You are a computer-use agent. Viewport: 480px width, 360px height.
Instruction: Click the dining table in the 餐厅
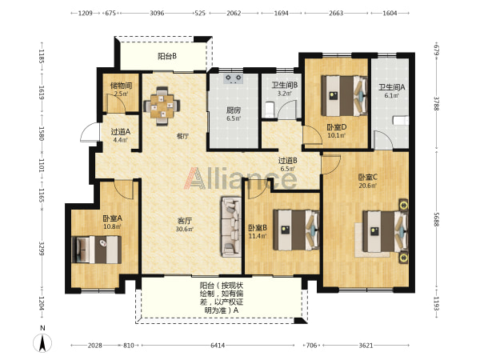click(x=162, y=106)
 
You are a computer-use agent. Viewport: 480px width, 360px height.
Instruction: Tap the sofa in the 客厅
click(x=231, y=226)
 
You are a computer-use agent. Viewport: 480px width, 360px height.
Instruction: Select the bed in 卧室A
click(x=97, y=250)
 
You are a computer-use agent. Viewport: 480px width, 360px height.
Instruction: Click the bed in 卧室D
click(x=344, y=96)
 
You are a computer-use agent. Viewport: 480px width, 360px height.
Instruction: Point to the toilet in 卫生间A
click(x=401, y=120)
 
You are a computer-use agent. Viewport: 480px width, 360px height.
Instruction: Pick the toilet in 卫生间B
click(x=270, y=110)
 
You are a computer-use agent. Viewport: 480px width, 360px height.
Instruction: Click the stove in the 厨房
click(x=234, y=78)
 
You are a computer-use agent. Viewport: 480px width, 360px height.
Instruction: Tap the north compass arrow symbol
click(x=42, y=342)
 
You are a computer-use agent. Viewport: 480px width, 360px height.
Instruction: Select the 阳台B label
click(x=167, y=56)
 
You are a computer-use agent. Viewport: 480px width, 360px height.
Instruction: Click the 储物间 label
click(x=121, y=86)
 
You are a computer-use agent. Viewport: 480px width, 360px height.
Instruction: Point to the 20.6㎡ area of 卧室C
click(x=368, y=186)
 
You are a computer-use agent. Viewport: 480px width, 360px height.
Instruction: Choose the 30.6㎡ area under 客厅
click(x=185, y=229)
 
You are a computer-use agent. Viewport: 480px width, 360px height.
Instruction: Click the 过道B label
click(x=287, y=161)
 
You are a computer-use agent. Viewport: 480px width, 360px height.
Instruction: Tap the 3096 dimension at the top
click(x=157, y=13)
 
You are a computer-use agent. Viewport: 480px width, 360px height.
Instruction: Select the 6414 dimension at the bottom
click(x=218, y=346)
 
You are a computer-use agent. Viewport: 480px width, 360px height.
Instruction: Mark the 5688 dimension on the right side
click(x=437, y=219)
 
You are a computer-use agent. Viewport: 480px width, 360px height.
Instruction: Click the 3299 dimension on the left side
click(x=42, y=249)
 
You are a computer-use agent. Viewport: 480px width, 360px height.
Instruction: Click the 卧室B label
click(x=258, y=228)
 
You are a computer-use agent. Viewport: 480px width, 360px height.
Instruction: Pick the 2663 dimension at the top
click(x=336, y=13)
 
